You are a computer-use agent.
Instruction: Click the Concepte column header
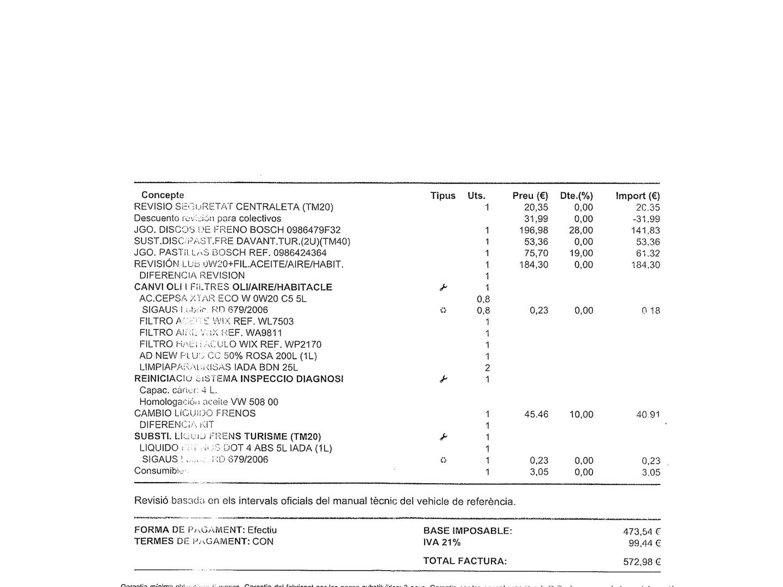click(163, 195)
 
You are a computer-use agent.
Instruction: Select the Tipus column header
click(443, 196)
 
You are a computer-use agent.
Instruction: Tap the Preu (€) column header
click(530, 196)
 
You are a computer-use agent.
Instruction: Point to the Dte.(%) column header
click(576, 196)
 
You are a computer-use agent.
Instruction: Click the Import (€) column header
click(637, 196)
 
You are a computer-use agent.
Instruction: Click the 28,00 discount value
click(581, 230)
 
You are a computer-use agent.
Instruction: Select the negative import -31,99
click(647, 219)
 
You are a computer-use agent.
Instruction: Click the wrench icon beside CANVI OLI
click(443, 288)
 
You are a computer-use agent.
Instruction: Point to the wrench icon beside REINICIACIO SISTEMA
click(443, 379)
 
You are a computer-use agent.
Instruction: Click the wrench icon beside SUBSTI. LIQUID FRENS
click(443, 437)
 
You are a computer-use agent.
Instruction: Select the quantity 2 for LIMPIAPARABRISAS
click(487, 368)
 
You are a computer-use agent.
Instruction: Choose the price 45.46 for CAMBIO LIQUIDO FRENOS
click(536, 415)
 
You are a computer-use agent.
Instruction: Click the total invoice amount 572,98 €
click(642, 562)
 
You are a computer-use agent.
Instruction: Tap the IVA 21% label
click(442, 542)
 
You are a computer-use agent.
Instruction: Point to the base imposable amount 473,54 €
click(642, 532)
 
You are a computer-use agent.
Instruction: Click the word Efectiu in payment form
click(262, 530)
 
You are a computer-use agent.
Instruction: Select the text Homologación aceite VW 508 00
click(209, 402)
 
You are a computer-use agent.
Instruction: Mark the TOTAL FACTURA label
click(465, 561)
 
